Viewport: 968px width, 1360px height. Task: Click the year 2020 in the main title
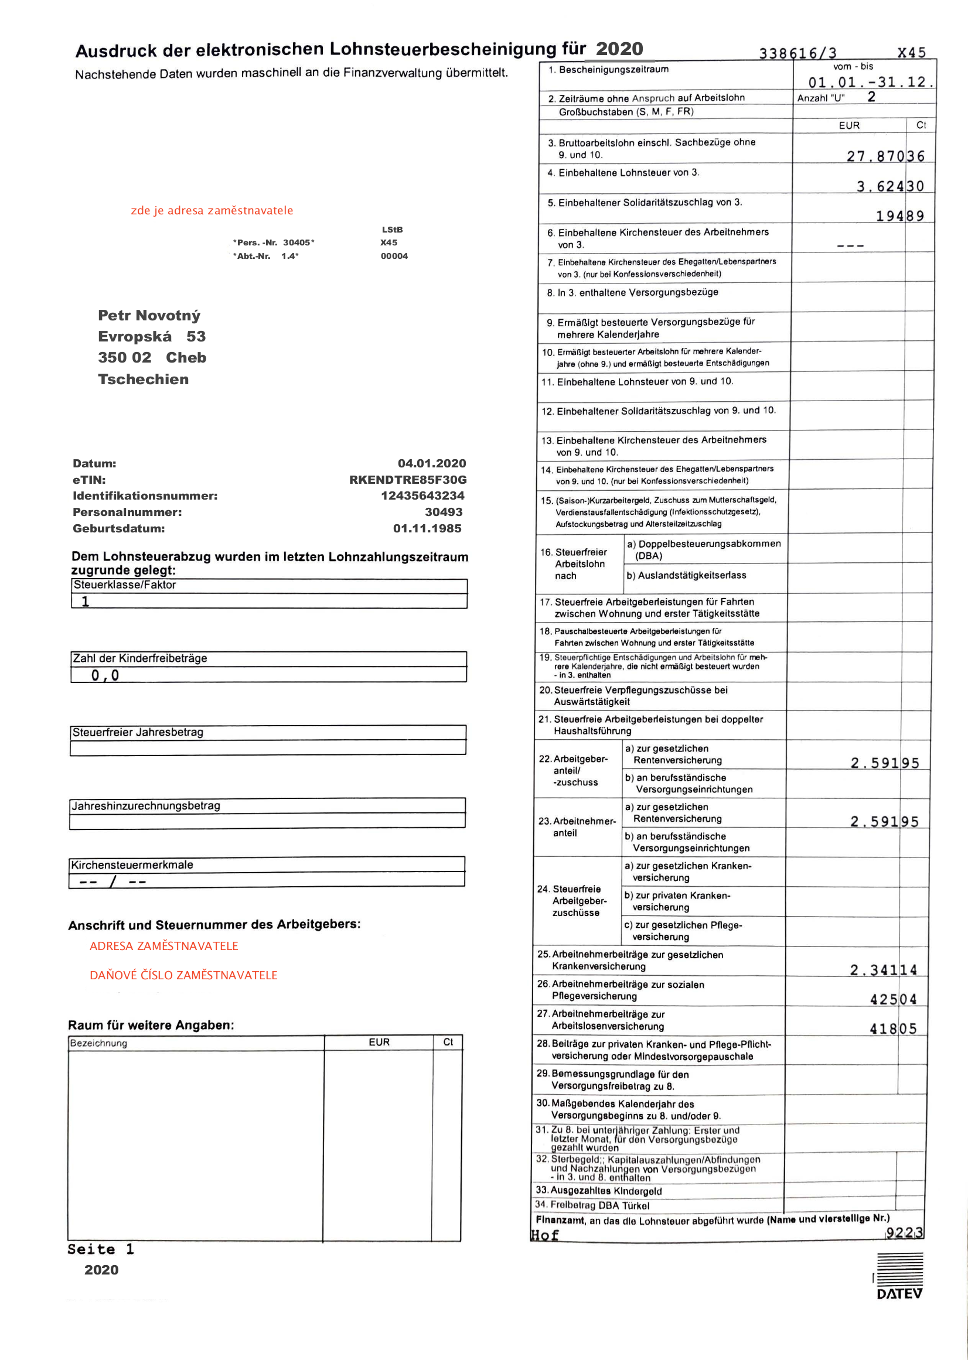(x=619, y=48)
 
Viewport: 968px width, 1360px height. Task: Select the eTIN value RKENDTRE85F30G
(x=408, y=480)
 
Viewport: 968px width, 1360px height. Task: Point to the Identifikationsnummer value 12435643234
(x=422, y=496)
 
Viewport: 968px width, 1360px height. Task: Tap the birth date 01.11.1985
(x=427, y=528)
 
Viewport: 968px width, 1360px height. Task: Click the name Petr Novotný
(x=149, y=315)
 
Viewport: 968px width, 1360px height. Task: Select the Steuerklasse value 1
(x=85, y=602)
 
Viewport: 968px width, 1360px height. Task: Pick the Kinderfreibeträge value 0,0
(x=105, y=675)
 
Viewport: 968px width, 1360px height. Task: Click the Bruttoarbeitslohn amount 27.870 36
(x=885, y=156)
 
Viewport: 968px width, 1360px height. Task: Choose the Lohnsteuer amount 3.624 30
(x=890, y=186)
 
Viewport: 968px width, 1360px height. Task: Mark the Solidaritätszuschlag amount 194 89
(x=899, y=216)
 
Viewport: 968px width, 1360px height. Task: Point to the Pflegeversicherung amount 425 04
(x=893, y=1000)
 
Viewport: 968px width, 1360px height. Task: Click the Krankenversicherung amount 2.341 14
(x=884, y=971)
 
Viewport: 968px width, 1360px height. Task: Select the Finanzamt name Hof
(x=545, y=1235)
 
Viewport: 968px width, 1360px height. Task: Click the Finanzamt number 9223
(x=904, y=1232)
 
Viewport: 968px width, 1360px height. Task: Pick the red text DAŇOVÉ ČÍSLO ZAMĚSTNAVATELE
(x=183, y=975)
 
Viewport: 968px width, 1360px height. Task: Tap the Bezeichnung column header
(x=99, y=1043)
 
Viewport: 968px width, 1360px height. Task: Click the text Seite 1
(x=101, y=1249)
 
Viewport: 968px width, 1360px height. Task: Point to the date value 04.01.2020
(x=431, y=463)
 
